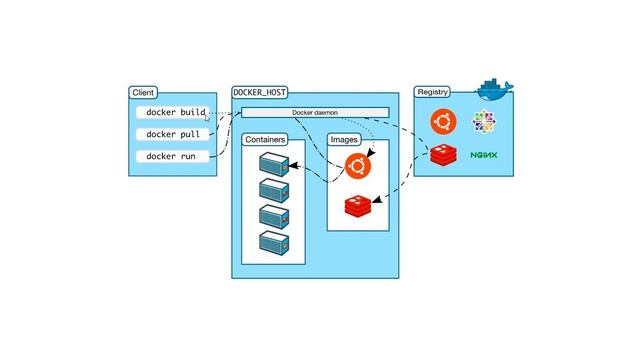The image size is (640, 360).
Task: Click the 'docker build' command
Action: [x=175, y=112]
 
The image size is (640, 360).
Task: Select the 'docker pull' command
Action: [x=173, y=134]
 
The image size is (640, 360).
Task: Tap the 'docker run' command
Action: [x=171, y=156]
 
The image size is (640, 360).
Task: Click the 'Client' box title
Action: [x=143, y=92]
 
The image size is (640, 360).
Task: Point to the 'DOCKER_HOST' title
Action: [x=259, y=92]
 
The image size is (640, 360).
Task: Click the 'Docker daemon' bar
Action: [x=314, y=113]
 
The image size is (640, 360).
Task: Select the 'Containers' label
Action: [x=265, y=140]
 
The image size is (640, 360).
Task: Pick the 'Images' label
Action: [x=344, y=140]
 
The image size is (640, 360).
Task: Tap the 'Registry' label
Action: [x=432, y=92]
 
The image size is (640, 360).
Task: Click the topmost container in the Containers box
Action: [x=273, y=165]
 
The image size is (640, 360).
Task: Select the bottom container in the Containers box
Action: [x=273, y=243]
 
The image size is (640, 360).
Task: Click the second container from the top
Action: [x=273, y=191]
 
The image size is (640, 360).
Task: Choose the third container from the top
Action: [x=273, y=217]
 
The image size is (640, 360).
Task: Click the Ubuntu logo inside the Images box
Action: [x=357, y=166]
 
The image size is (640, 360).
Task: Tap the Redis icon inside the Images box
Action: [x=357, y=206]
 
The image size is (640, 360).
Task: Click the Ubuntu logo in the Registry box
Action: [x=442, y=122]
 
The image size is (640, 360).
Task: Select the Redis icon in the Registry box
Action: [x=443, y=155]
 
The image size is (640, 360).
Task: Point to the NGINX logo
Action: [x=484, y=155]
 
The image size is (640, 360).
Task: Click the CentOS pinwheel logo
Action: [x=485, y=122]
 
